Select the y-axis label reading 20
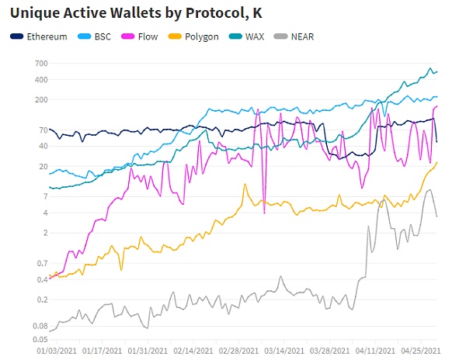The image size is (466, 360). (42, 167)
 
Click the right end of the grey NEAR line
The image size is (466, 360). (436, 216)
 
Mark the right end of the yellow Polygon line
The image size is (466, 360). (436, 162)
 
